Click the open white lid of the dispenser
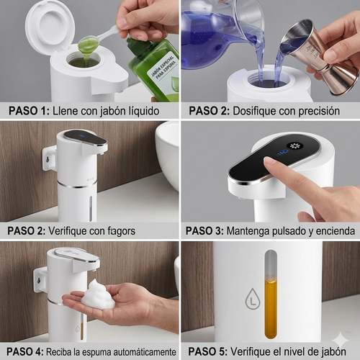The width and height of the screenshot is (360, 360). tap(50, 27)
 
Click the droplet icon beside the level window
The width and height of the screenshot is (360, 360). tap(252, 301)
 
